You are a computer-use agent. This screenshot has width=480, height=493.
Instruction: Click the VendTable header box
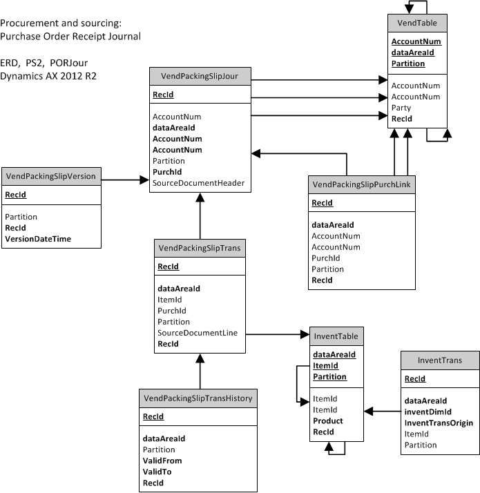click(417, 23)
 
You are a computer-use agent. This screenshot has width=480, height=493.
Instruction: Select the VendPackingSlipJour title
click(200, 76)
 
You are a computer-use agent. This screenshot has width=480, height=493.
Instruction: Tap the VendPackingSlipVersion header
click(51, 176)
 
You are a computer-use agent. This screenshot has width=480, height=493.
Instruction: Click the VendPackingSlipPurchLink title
click(362, 184)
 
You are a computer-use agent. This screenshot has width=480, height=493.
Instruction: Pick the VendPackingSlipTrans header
click(200, 248)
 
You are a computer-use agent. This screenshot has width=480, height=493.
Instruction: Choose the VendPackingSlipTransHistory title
click(198, 398)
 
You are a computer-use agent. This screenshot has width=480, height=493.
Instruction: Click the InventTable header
click(336, 336)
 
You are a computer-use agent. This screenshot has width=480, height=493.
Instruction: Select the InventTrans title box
click(440, 360)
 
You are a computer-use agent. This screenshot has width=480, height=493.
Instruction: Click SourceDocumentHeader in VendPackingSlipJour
click(198, 183)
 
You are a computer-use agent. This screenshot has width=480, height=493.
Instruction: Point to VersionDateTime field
click(38, 239)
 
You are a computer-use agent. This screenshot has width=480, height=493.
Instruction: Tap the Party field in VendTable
click(401, 108)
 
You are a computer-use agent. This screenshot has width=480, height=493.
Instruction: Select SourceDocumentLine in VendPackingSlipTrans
click(198, 333)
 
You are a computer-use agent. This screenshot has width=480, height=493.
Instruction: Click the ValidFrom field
click(162, 461)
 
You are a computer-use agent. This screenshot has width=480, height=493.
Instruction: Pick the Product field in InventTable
click(328, 420)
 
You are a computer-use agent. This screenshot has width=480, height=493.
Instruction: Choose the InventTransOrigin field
click(439, 423)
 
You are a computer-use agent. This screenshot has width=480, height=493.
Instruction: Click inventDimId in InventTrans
click(428, 412)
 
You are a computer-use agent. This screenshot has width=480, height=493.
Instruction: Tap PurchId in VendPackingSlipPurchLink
click(326, 258)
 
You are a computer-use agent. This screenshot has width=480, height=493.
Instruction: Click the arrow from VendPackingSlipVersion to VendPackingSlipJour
click(125, 180)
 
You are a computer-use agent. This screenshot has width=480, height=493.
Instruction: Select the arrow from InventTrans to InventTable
click(382, 411)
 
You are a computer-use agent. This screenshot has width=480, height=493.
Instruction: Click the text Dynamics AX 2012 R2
click(48, 76)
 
